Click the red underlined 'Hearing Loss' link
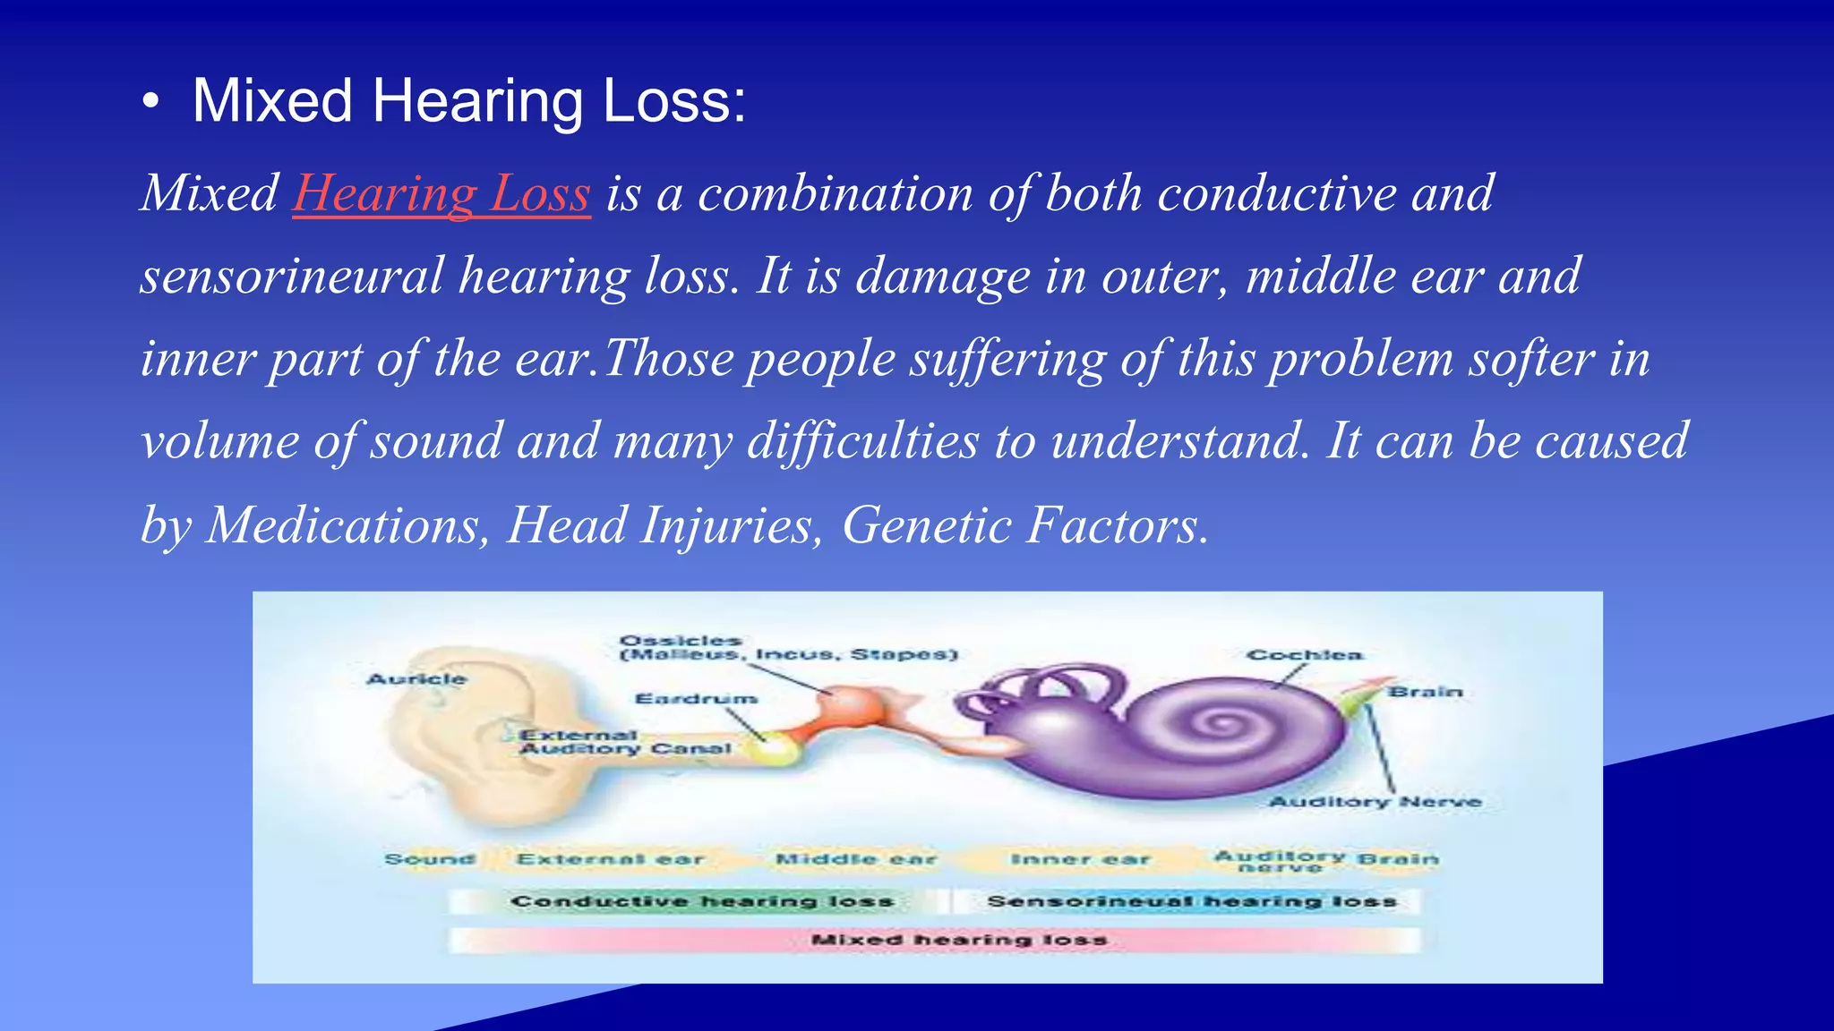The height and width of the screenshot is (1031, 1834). tap(441, 193)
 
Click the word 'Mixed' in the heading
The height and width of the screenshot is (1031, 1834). tap(272, 100)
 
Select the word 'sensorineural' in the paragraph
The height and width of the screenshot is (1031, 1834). tap(292, 276)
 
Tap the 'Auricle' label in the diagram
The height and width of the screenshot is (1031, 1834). tap(416, 679)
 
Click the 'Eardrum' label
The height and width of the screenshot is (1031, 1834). tap(696, 698)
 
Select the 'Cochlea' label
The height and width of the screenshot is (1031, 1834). tap(1304, 655)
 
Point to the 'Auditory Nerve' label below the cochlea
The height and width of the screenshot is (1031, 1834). tap(1375, 802)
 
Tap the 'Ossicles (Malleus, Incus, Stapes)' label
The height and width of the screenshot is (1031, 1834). tap(788, 648)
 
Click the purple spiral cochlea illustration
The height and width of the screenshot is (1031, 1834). tap(1218, 725)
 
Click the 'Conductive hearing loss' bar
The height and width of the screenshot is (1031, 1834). tap(701, 901)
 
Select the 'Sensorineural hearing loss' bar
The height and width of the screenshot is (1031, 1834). tap(1191, 901)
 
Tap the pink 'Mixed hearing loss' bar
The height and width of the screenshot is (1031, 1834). tap(958, 940)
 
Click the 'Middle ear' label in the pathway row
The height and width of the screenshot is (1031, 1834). tap(855, 859)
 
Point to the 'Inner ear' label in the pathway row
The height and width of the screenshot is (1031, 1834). tap(1079, 859)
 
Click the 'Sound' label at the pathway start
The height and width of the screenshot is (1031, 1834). tap(430, 859)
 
